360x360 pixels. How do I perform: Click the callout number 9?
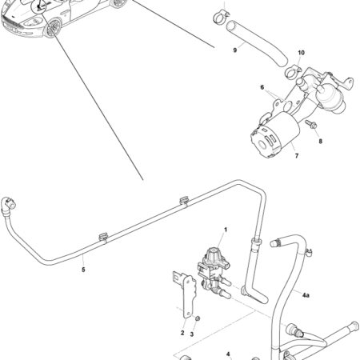tap(234, 50)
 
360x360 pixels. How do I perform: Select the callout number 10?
tap(301, 54)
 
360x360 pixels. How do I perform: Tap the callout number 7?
tap(296, 156)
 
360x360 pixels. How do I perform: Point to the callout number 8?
tap(320, 142)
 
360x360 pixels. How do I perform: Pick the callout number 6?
tap(261, 87)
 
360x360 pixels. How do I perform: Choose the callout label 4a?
tap(306, 294)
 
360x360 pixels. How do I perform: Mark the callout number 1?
tap(226, 230)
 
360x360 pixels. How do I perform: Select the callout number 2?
tap(182, 332)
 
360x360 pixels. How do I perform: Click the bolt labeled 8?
tap(310, 126)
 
